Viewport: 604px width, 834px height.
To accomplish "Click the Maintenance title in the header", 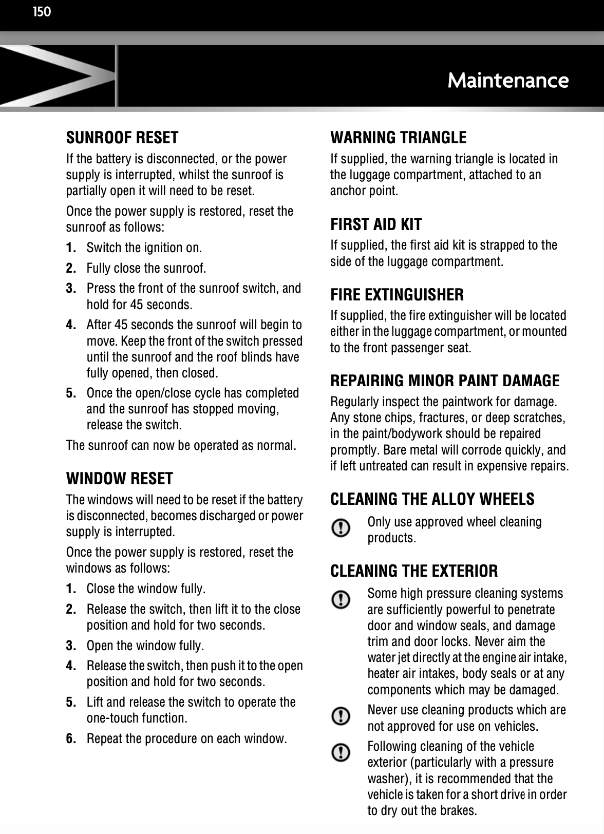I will pyautogui.click(x=507, y=81).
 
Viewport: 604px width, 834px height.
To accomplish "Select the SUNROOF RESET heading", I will pyautogui.click(x=122, y=138).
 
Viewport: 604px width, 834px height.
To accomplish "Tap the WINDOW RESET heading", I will pyautogui.click(x=120, y=479).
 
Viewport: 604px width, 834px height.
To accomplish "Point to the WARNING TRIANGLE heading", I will pyautogui.click(x=398, y=138).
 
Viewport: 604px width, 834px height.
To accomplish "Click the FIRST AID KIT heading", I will pyautogui.click(x=375, y=224).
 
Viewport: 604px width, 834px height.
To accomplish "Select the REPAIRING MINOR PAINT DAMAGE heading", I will pyautogui.click(x=445, y=381).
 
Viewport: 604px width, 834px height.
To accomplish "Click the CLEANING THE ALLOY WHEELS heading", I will pyautogui.click(x=432, y=499).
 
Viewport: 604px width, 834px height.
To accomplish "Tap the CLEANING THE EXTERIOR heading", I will pyautogui.click(x=414, y=571).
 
